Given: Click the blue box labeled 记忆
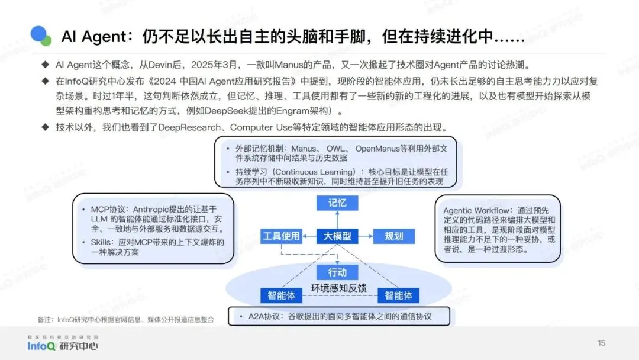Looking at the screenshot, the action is [337, 203].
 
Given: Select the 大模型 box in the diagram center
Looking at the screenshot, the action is [337, 236].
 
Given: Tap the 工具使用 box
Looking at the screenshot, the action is [281, 236].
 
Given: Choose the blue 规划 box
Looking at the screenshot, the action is [393, 236].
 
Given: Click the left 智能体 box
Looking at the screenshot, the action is [282, 295].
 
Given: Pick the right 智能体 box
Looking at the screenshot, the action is [398, 295].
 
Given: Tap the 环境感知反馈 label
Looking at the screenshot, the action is [339, 288].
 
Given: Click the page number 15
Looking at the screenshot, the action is [602, 343].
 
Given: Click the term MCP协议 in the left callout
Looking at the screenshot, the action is [109, 209].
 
